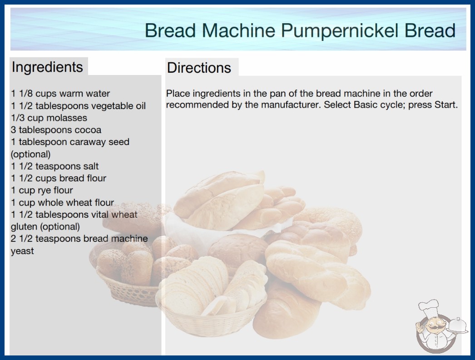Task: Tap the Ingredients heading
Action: click(47, 67)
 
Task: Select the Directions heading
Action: click(199, 68)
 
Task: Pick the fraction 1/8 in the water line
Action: click(26, 94)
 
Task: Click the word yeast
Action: click(22, 251)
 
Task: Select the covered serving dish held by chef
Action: click(458, 325)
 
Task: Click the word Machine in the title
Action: click(238, 30)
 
